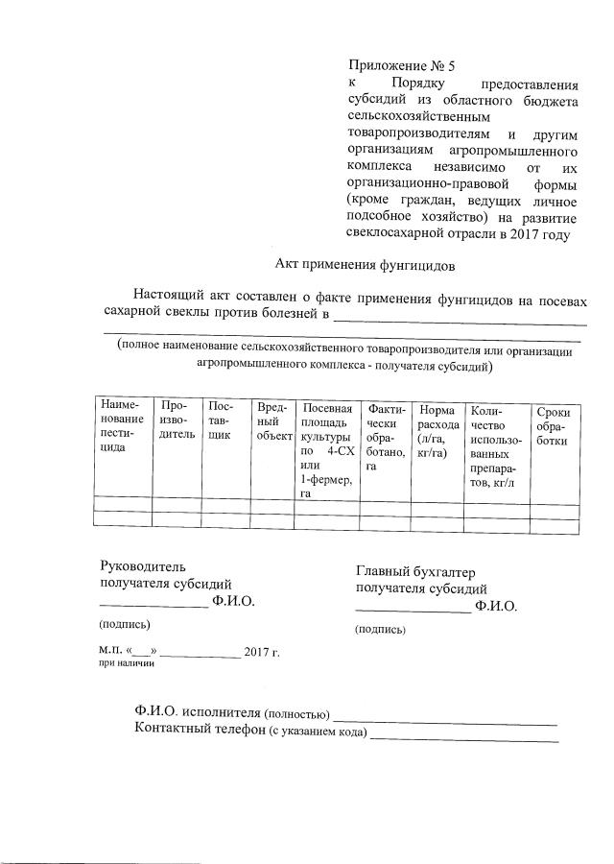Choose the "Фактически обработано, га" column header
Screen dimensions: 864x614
pyautogui.click(x=385, y=437)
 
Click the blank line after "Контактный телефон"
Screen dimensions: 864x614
pyautogui.click(x=463, y=738)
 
